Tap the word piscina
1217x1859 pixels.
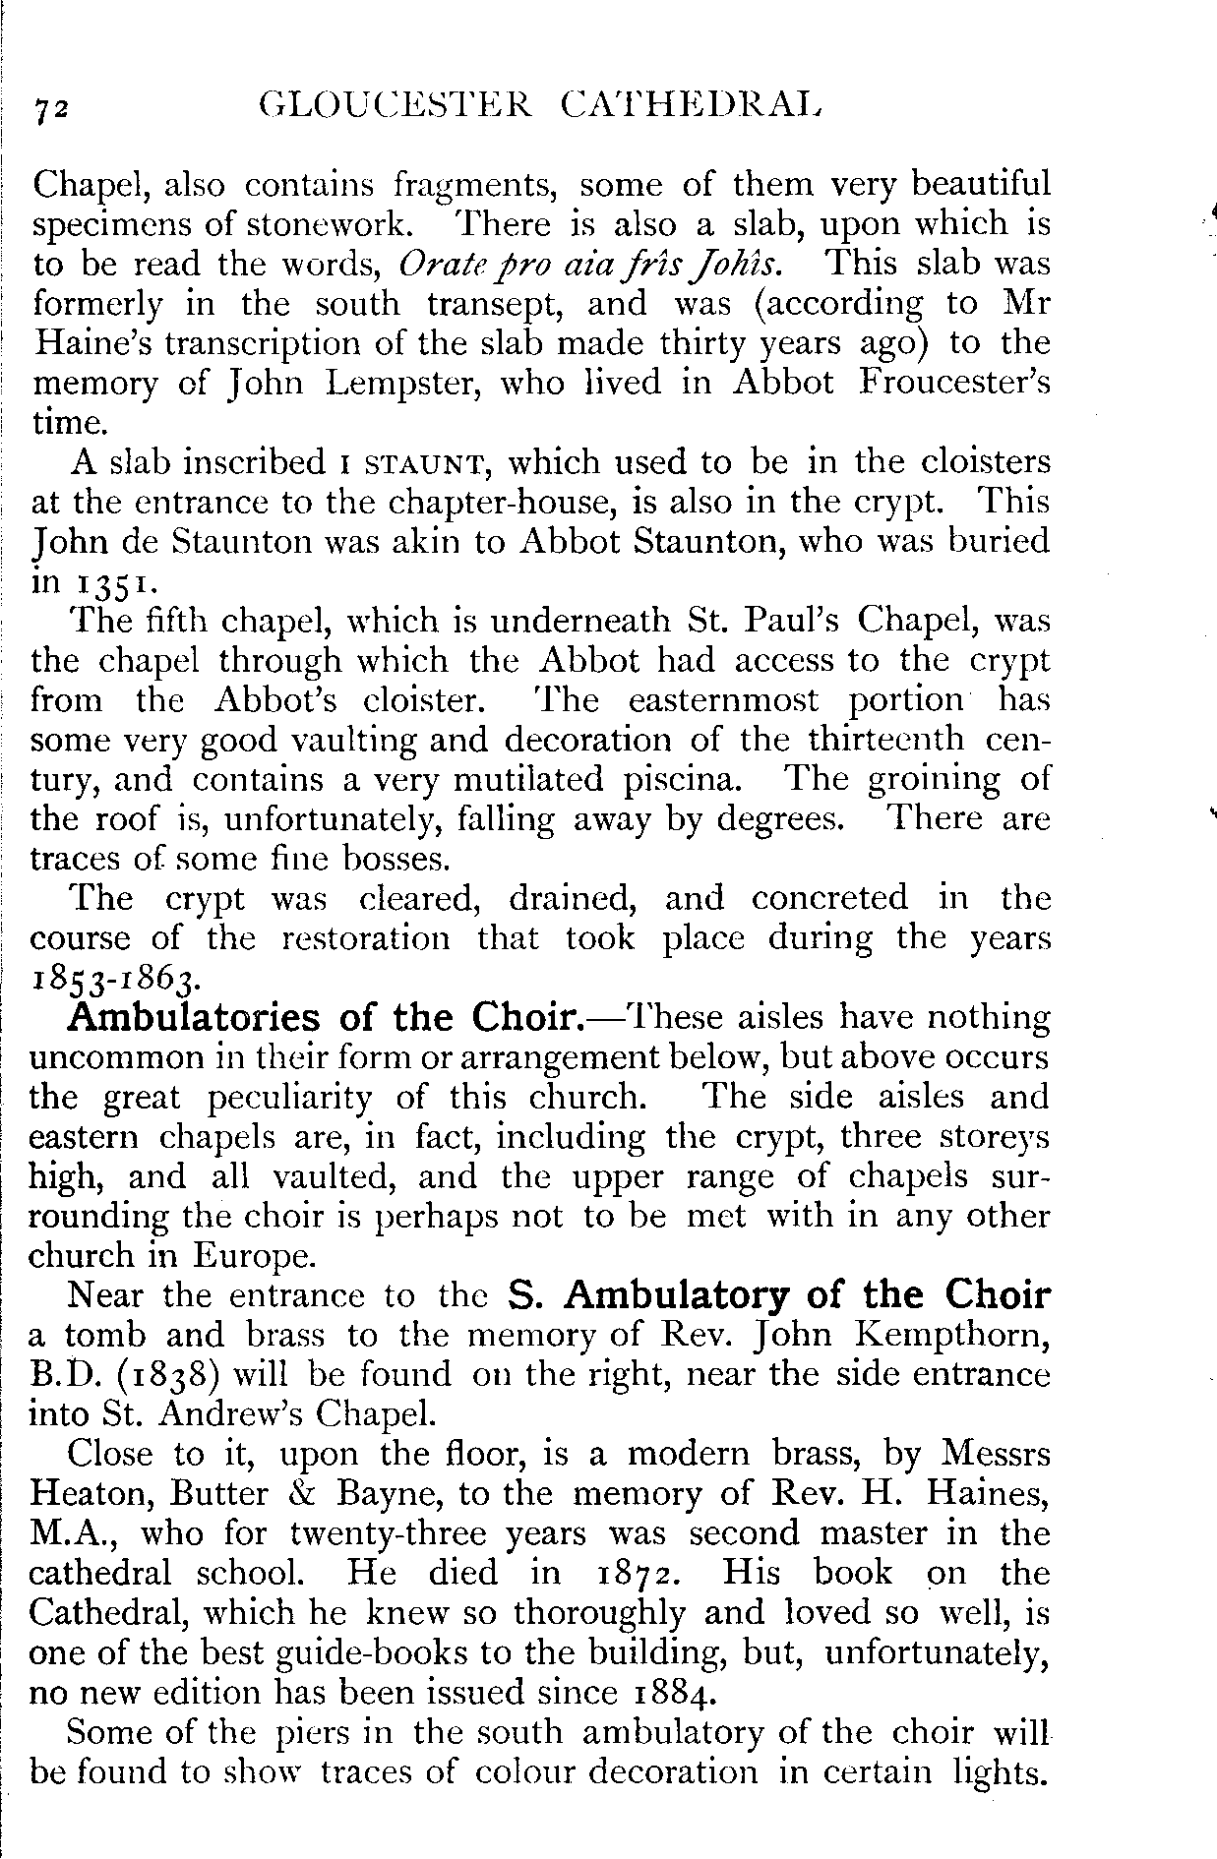tap(680, 780)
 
